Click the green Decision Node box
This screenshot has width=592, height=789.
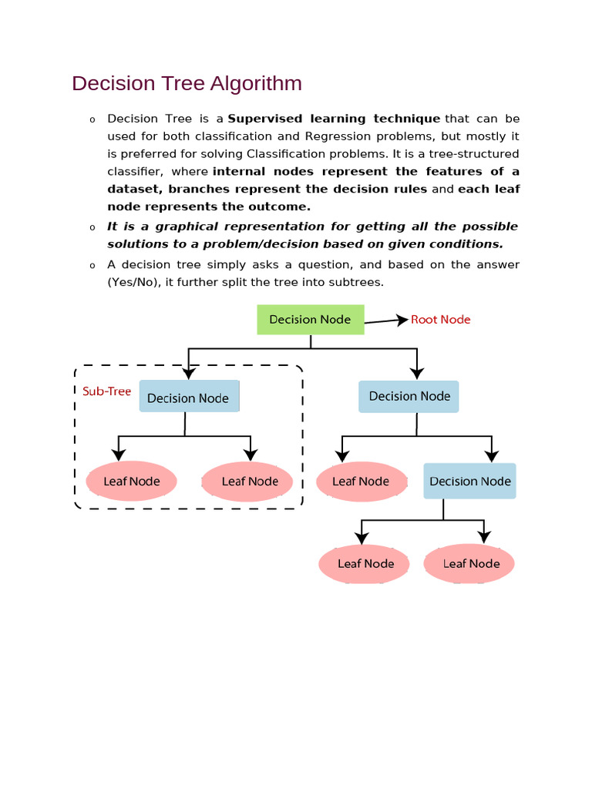tap(310, 319)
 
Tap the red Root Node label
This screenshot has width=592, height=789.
tap(440, 320)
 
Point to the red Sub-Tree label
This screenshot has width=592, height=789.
tap(106, 391)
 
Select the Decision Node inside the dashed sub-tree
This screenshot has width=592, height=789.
tap(188, 398)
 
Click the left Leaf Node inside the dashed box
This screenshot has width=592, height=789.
tap(132, 482)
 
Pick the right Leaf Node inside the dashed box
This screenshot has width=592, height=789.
tap(249, 482)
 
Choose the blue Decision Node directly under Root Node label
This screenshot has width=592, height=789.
tap(409, 396)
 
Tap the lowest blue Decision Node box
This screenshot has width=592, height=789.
tap(469, 481)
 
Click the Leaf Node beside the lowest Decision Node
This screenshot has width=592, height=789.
tap(361, 482)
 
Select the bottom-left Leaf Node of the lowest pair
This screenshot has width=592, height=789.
tap(366, 563)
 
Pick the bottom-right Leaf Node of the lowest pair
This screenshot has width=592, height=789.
tap(471, 563)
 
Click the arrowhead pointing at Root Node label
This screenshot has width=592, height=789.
tap(402, 319)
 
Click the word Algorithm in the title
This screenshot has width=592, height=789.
tap(257, 83)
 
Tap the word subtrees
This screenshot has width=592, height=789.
tap(357, 282)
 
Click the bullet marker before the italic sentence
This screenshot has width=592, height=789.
tap(92, 227)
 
